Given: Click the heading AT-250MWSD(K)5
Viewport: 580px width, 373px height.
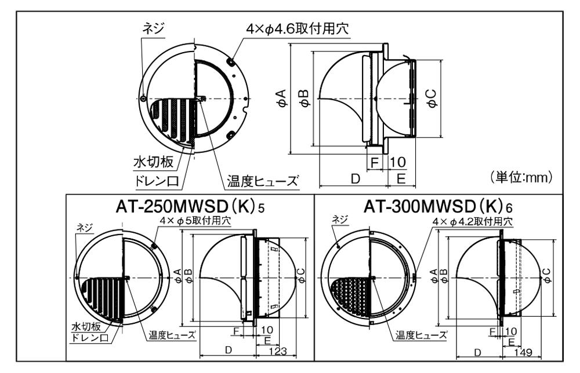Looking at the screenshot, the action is pyautogui.click(x=190, y=207).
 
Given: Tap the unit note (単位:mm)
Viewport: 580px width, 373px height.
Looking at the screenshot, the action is pyautogui.click(x=522, y=177).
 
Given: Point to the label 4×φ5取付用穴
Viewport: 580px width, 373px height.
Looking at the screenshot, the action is pyautogui.click(x=194, y=221).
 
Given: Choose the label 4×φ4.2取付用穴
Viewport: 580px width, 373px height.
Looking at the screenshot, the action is pyautogui.click(x=473, y=222).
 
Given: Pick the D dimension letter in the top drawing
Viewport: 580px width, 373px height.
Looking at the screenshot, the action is pyautogui.click(x=355, y=179).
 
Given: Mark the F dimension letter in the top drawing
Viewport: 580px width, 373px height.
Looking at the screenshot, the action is pyautogui.click(x=375, y=162).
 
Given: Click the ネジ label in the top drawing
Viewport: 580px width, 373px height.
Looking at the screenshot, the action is pyautogui.click(x=153, y=28).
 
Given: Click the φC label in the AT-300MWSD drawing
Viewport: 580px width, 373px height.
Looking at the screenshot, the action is pyautogui.click(x=547, y=276).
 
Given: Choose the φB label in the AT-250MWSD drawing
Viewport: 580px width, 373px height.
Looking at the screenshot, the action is pyautogui.click(x=188, y=276).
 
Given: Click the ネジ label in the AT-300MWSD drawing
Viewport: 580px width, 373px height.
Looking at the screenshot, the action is pyautogui.click(x=340, y=220).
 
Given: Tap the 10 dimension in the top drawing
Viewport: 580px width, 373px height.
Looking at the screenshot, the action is pyautogui.click(x=398, y=162).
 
